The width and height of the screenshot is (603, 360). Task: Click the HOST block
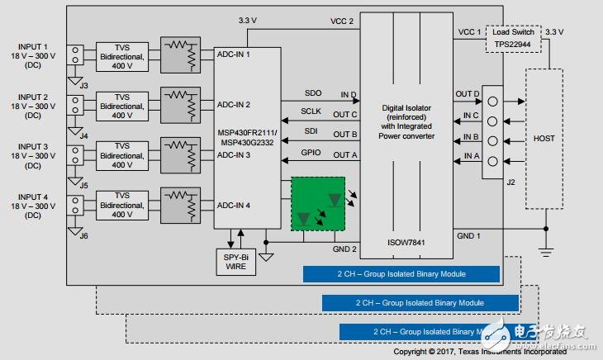544,139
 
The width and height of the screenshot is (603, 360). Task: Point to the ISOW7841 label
406,244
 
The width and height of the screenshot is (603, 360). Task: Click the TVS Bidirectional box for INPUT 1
123,54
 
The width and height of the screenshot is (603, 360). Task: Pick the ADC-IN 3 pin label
234,154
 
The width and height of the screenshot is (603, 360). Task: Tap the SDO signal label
313,93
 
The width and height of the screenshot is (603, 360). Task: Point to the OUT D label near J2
467,94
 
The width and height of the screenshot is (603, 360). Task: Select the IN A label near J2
471,154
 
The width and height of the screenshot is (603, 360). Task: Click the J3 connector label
83,85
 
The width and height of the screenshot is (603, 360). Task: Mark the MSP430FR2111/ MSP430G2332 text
247,136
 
